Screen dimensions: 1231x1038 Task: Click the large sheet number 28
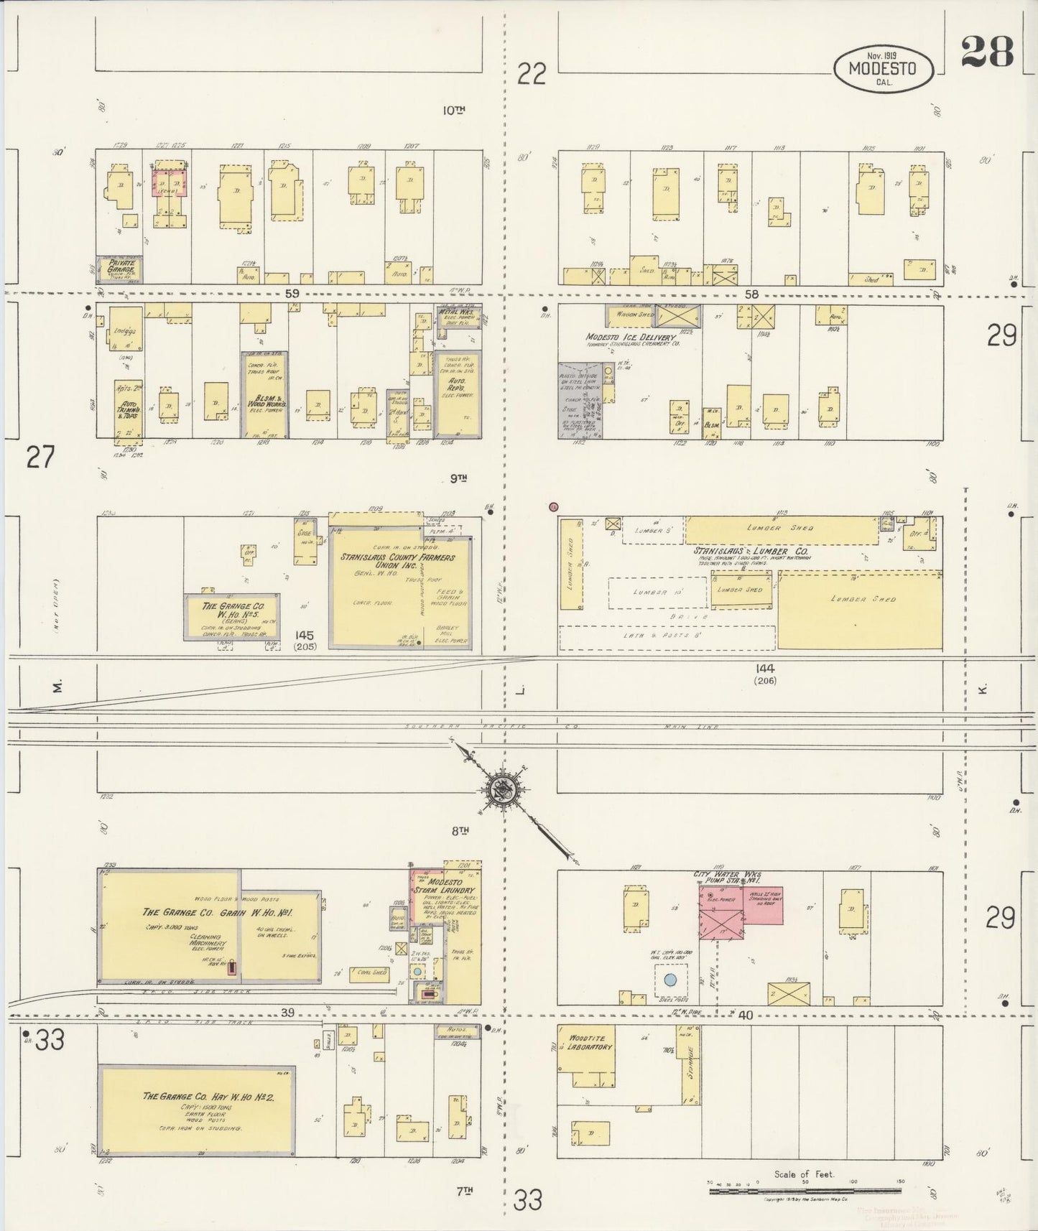pyautogui.click(x=987, y=52)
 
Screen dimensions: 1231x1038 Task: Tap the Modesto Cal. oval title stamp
pyautogui.click(x=884, y=69)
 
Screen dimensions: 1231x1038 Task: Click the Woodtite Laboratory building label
pyautogui.click(x=590, y=1042)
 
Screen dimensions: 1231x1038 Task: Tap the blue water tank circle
pyautogui.click(x=670, y=979)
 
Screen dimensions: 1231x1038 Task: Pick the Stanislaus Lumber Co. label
pyautogui.click(x=750, y=551)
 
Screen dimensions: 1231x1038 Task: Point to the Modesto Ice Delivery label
pyautogui.click(x=630, y=337)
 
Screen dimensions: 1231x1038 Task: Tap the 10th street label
pyautogui.click(x=453, y=110)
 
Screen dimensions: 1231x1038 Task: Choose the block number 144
pyautogui.click(x=764, y=669)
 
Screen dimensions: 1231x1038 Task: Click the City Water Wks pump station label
pyautogui.click(x=727, y=877)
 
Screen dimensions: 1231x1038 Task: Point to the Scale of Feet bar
pyautogui.click(x=805, y=1191)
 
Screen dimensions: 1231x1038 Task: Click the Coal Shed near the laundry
pyautogui.click(x=370, y=973)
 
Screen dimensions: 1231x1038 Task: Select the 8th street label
pyautogui.click(x=460, y=830)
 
